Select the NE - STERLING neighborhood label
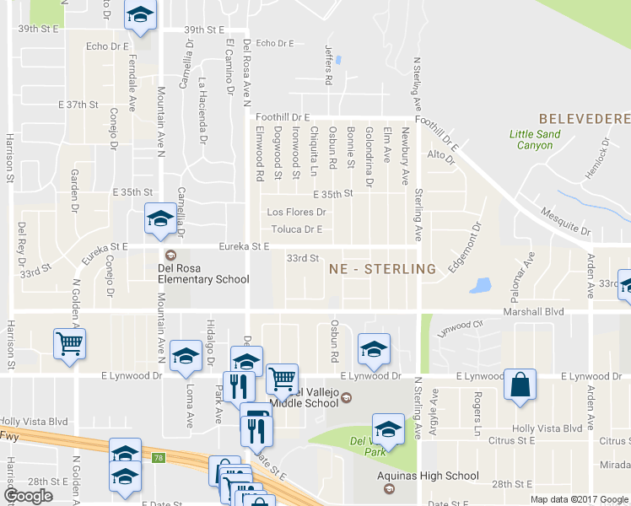click(x=382, y=269)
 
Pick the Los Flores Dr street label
click(x=296, y=213)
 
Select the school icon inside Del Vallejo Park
click(x=388, y=429)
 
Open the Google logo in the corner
click(x=28, y=496)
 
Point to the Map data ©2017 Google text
click(x=579, y=499)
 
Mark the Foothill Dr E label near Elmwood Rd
click(x=284, y=116)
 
